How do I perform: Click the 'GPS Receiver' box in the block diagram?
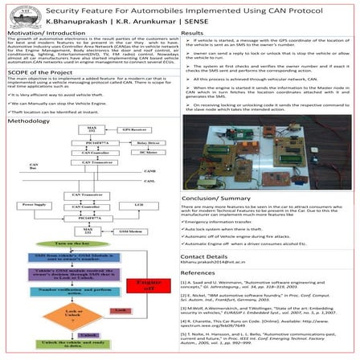[123, 151]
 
